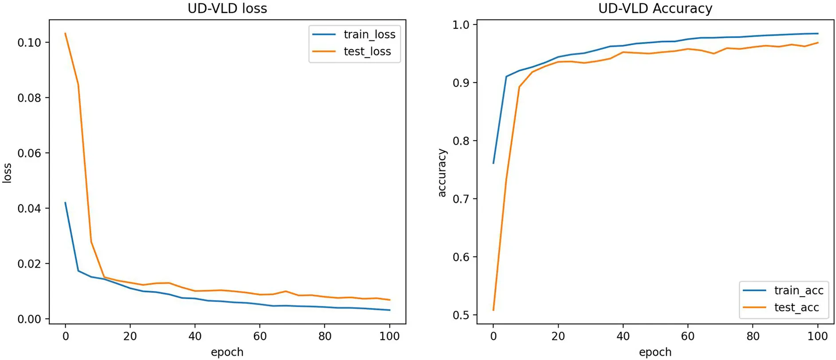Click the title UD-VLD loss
[x=227, y=8]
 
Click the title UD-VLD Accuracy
[x=655, y=8]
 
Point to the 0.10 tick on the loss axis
[x=29, y=43]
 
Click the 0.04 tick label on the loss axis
[x=29, y=209]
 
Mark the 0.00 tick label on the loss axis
[x=29, y=319]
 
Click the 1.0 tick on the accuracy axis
[x=461, y=25]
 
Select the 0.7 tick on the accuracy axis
[x=461, y=199]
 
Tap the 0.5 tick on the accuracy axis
[x=461, y=315]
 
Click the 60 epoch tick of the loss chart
[x=260, y=336]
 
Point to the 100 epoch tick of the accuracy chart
[x=817, y=336]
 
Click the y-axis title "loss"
[x=7, y=173]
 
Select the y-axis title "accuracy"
[x=442, y=173]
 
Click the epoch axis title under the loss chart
[x=227, y=352]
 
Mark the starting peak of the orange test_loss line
[x=65, y=33]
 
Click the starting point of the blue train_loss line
[x=65, y=203]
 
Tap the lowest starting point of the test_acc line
[x=493, y=310]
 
